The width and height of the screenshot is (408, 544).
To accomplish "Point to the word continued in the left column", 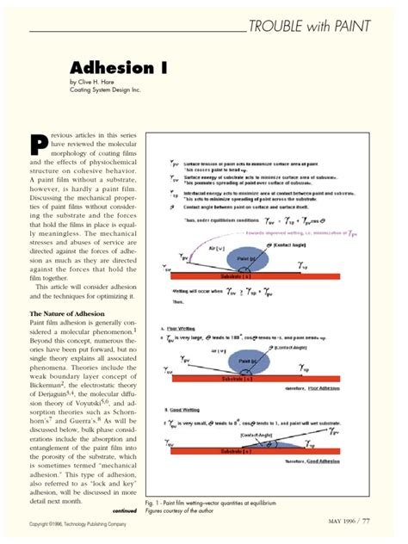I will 118,510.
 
